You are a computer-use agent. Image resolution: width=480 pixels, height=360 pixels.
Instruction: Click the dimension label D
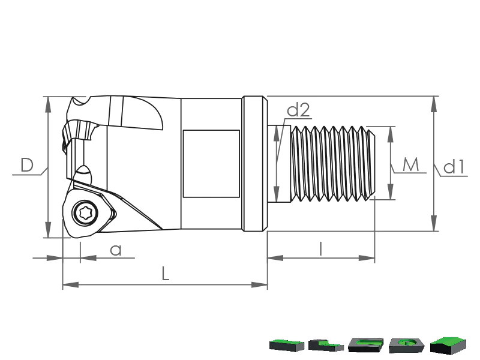pos(27,165)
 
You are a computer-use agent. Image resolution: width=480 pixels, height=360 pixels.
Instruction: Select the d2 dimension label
pos(298,110)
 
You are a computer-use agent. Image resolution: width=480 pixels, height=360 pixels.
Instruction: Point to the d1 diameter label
pos(454,167)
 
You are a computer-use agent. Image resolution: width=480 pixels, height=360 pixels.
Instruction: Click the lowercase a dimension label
pos(116,250)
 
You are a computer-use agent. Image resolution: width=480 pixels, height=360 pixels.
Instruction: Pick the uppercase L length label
pos(166,274)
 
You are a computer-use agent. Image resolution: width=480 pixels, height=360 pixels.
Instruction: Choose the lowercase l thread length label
pos(320,248)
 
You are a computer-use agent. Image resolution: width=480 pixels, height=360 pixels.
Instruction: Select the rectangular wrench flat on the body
pos(211,164)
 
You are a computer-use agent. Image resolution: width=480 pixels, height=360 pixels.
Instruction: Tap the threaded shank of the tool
pos(333,164)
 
